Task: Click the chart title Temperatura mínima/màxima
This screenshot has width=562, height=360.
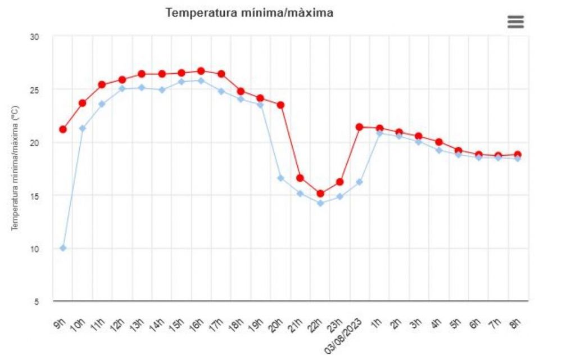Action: click(250, 13)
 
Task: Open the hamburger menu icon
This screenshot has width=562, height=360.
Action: click(515, 22)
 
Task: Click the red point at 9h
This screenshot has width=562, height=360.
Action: click(63, 129)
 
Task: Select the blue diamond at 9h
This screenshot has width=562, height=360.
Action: click(63, 248)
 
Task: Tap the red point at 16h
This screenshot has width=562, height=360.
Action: click(201, 71)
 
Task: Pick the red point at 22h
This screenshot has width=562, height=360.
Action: click(320, 193)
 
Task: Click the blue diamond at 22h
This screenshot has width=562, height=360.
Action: click(320, 203)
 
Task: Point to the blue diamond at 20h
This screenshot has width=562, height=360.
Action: click(280, 178)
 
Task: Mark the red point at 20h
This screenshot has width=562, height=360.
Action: click(280, 105)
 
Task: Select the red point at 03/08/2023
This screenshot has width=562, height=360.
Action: click(360, 127)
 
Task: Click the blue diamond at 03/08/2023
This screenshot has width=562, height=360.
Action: click(360, 182)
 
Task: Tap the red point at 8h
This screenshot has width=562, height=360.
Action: click(518, 155)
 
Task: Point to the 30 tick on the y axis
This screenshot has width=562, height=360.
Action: click(34, 37)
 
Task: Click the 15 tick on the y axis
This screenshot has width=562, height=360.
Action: click(34, 196)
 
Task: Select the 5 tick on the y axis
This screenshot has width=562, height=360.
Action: click(36, 301)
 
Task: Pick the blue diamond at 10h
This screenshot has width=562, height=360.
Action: click(83, 128)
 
